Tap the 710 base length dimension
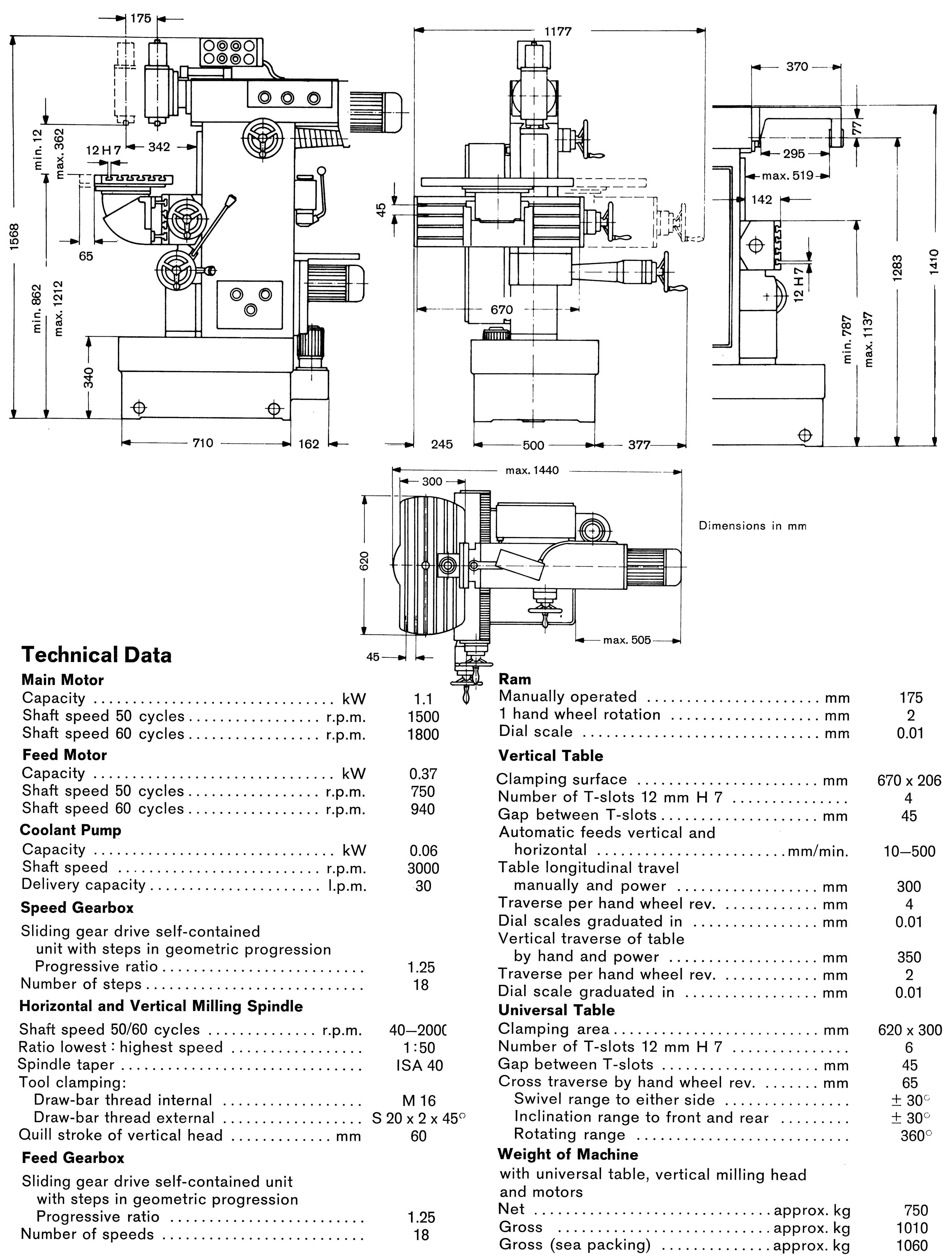(203, 443)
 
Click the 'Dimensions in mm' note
(752, 526)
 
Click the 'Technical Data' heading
(96, 655)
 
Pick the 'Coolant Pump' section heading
(70, 830)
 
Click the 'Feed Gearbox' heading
(73, 1158)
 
